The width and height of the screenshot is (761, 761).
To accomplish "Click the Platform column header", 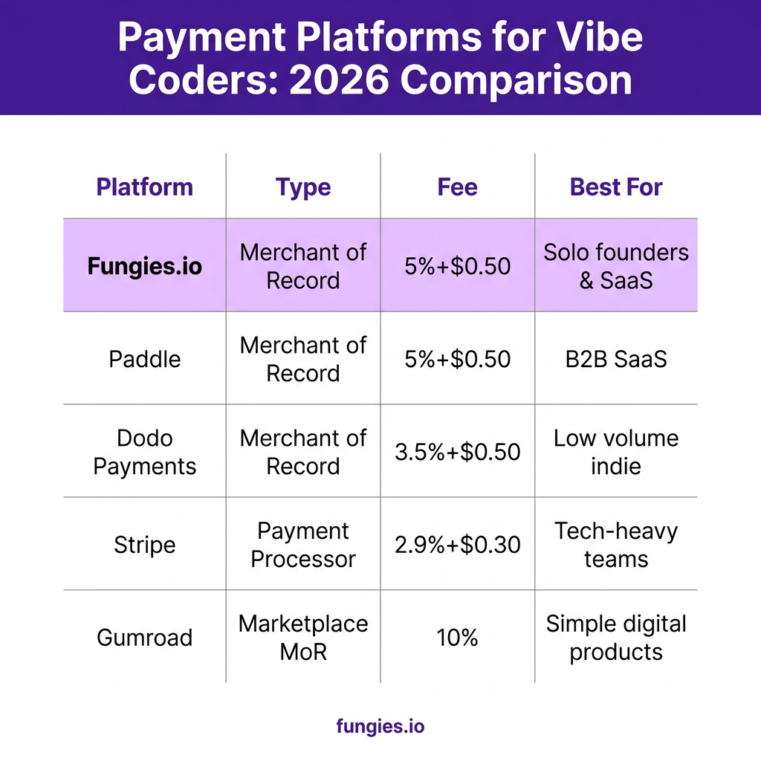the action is pos(145,187).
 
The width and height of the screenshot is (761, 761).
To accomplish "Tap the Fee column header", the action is pos(457,187).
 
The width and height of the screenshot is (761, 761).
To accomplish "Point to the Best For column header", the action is pos(616,187).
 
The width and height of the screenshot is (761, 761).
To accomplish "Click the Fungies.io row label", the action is pos(145,266).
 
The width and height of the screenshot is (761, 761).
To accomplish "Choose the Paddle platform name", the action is pos(145,359).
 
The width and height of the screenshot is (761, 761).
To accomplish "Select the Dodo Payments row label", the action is pos(145,453).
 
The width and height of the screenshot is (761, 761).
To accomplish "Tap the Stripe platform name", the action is pos(145,545).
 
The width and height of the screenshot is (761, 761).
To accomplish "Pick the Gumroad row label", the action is pos(145,638).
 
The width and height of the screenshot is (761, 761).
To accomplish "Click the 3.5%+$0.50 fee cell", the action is pos(457,452).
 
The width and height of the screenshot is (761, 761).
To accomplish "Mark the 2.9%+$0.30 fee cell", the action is pos(457,545).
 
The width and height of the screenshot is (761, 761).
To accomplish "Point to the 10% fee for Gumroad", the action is pos(457,638).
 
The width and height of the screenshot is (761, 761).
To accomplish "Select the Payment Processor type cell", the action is pos(303,545).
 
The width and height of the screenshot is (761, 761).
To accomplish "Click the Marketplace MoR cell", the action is pos(303,638).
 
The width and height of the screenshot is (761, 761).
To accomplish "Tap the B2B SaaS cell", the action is pos(616,359).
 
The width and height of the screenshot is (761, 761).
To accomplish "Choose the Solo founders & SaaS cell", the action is pos(616,266).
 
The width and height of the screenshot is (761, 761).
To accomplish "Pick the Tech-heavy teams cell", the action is pos(616,545).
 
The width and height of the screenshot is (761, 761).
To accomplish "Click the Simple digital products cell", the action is pos(616,638).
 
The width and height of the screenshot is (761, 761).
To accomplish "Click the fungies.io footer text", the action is pos(380,727).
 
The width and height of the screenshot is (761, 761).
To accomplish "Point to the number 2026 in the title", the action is pos(338,80).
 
